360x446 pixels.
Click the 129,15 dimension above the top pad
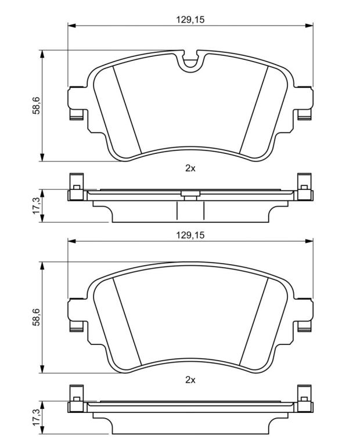(190, 20)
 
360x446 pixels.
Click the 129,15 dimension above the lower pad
(190, 235)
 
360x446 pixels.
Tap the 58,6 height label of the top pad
(36, 105)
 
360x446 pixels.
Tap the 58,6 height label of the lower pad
(36, 317)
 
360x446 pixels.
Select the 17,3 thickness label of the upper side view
(36, 206)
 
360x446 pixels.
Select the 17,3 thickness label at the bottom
(36, 418)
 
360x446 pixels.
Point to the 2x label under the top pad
(190, 168)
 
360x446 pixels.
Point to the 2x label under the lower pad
(190, 380)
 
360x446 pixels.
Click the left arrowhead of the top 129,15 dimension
(71, 26)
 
